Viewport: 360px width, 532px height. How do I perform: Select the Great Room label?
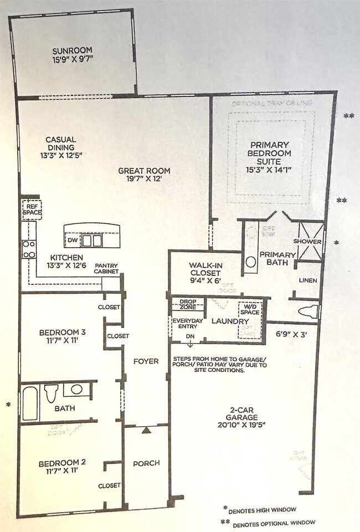[x=144, y=171]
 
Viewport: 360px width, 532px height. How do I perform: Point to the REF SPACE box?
[x=31, y=210]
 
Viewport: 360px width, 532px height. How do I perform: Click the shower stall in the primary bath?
[x=307, y=242]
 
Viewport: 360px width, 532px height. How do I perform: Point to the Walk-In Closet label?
[x=205, y=269]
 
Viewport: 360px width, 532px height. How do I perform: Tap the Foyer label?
[x=146, y=361]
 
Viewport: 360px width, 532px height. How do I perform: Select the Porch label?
[x=146, y=463]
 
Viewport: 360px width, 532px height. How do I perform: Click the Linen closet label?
[x=308, y=280]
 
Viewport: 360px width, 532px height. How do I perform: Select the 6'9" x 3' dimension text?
[x=291, y=334]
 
